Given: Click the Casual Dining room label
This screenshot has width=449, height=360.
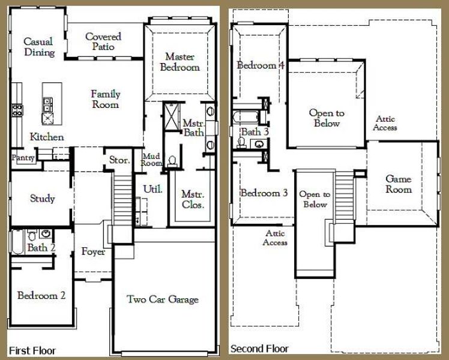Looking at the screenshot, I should click(x=38, y=47).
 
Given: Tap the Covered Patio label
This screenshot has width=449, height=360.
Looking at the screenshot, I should click(x=103, y=41).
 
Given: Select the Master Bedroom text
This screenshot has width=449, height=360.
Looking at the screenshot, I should click(x=179, y=62).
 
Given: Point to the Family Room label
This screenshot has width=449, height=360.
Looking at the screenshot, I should click(x=105, y=99).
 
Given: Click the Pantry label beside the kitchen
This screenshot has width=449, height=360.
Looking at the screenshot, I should click(x=22, y=158).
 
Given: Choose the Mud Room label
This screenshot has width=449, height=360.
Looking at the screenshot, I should click(x=151, y=160).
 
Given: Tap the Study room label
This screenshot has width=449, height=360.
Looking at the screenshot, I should click(x=42, y=199).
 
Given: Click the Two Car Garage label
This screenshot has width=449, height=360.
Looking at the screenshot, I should click(x=162, y=299).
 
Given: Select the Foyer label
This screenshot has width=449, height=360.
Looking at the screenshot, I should click(x=93, y=251).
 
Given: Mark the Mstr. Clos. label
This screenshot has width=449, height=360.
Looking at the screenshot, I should click(x=193, y=200).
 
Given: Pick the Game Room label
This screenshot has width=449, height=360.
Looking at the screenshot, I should click(x=398, y=184).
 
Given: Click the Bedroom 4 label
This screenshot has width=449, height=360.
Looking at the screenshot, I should click(x=260, y=65).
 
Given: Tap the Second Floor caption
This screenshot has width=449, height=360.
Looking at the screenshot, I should click(x=259, y=349).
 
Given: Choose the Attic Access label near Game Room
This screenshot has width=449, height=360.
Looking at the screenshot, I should click(x=385, y=123).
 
